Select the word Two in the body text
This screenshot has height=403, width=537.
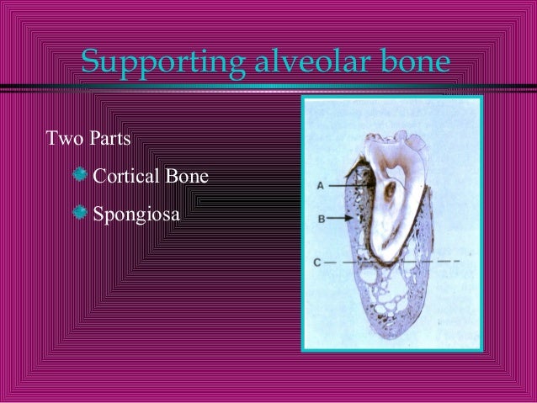point(62,137)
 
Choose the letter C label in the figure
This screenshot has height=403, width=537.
point(317,262)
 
